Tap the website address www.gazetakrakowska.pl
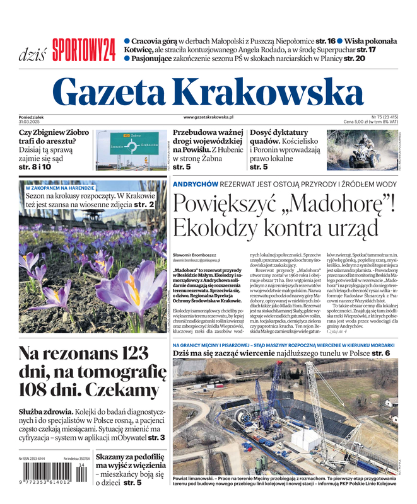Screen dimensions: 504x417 pos(208,117)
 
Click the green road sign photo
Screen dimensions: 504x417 pos(132,151)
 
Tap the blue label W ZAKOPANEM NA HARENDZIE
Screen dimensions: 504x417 pos(60,188)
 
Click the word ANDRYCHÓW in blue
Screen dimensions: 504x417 pos(196,184)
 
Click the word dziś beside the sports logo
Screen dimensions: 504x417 pos(32,53)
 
